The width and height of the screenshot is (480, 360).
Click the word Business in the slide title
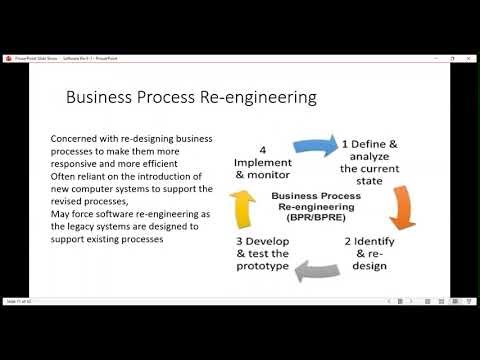coord(97,98)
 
